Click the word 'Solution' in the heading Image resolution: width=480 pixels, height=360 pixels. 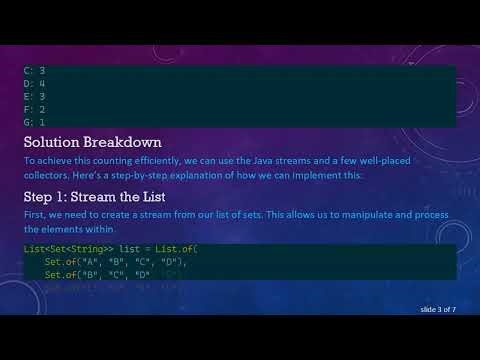[57, 141]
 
